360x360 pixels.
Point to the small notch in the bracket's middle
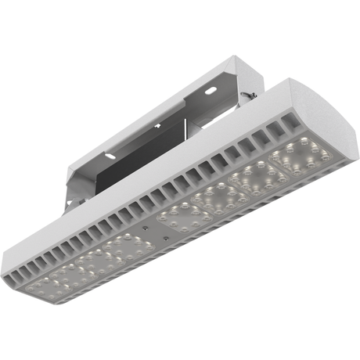pyautogui.click(x=157, y=126)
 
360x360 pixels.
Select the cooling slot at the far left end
pyautogui.click(x=24, y=269)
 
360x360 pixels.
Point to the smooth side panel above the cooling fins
pyautogui.click(x=157, y=172)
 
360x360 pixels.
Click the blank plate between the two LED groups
pyautogui.click(x=166, y=228)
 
